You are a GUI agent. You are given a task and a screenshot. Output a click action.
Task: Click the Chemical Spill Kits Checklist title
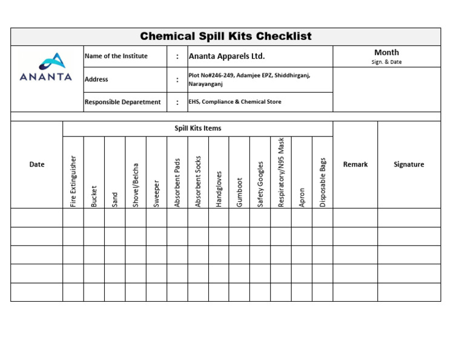pyautogui.click(x=226, y=36)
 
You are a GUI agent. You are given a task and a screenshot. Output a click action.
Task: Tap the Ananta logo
pyautogui.click(x=46, y=67)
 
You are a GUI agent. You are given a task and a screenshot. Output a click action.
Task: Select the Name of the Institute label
pyautogui.click(x=116, y=56)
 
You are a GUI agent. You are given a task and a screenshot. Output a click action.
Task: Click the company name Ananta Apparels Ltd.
pyautogui.click(x=227, y=56)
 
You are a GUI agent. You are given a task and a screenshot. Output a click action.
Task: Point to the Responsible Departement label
pyautogui.click(x=123, y=102)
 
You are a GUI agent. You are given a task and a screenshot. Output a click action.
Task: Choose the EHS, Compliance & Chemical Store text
pyautogui.click(x=235, y=102)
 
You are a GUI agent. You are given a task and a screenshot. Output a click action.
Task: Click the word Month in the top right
pyautogui.click(x=386, y=53)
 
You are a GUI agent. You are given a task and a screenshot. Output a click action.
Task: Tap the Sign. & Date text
pyautogui.click(x=386, y=62)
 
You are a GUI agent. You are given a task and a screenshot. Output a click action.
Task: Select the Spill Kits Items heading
pyautogui.click(x=198, y=128)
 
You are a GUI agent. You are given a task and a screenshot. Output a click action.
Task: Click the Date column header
pyautogui.click(x=37, y=164)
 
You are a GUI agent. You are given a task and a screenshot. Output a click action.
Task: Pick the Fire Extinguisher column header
pyautogui.click(x=73, y=181)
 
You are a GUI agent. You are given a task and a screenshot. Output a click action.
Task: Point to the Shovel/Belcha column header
pyautogui.click(x=136, y=185)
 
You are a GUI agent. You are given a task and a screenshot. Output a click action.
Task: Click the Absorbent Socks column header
pyautogui.click(x=198, y=181)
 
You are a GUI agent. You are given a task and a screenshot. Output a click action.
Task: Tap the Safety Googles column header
pyautogui.click(x=260, y=184)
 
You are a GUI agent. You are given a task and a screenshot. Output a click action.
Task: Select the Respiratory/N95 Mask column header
pyautogui.click(x=281, y=173)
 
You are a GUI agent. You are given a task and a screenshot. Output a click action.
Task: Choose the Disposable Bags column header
pyautogui.click(x=323, y=182)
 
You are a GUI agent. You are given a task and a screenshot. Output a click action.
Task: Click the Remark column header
pyautogui.click(x=355, y=164)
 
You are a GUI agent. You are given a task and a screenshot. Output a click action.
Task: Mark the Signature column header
pyautogui.click(x=409, y=164)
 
